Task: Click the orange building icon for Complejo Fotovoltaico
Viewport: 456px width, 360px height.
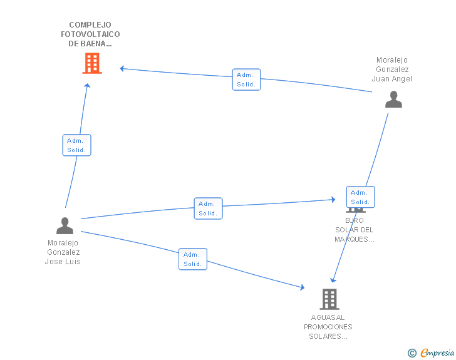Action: (91, 63)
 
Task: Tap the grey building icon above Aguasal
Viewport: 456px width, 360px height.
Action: (329, 299)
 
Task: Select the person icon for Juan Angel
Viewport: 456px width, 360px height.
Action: (393, 100)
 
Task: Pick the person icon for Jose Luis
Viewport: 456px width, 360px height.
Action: (65, 225)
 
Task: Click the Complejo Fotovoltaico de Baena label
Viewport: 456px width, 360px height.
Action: (90, 34)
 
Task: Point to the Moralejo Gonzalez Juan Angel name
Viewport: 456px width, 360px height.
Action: (392, 69)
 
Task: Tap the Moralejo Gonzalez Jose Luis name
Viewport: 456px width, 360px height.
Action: (63, 252)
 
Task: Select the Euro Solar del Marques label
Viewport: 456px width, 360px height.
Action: (354, 230)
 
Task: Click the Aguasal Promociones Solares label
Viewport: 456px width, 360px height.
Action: (328, 327)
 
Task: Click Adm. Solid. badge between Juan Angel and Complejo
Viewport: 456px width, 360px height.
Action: (246, 80)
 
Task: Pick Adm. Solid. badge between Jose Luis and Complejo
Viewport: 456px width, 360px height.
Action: (76, 145)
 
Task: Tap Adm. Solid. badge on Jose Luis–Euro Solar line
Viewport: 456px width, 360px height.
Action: (208, 208)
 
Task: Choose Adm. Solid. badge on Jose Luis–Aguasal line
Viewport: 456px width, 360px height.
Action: (193, 259)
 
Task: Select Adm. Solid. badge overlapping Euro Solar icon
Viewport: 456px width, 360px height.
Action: (360, 197)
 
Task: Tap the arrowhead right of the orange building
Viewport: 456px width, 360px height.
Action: (123, 68)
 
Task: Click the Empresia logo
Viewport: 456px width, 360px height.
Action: (437, 353)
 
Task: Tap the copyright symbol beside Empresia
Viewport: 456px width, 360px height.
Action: (412, 353)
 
